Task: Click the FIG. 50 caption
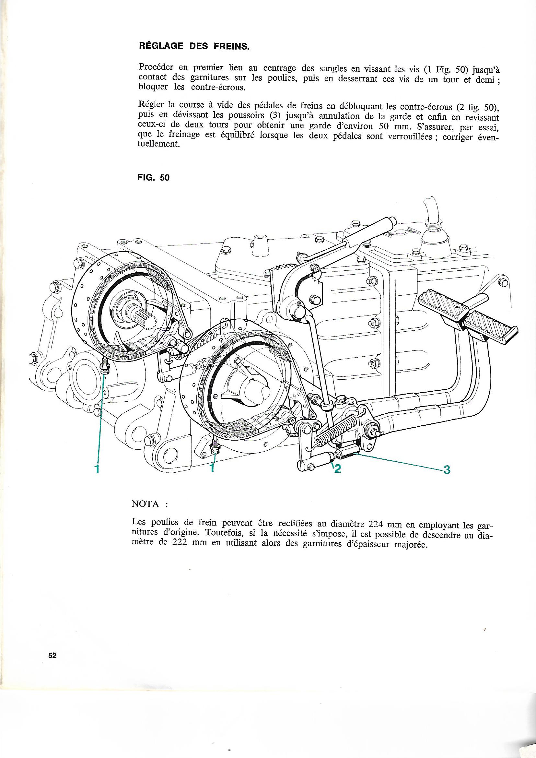click(x=153, y=178)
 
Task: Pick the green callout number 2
click(x=337, y=469)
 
